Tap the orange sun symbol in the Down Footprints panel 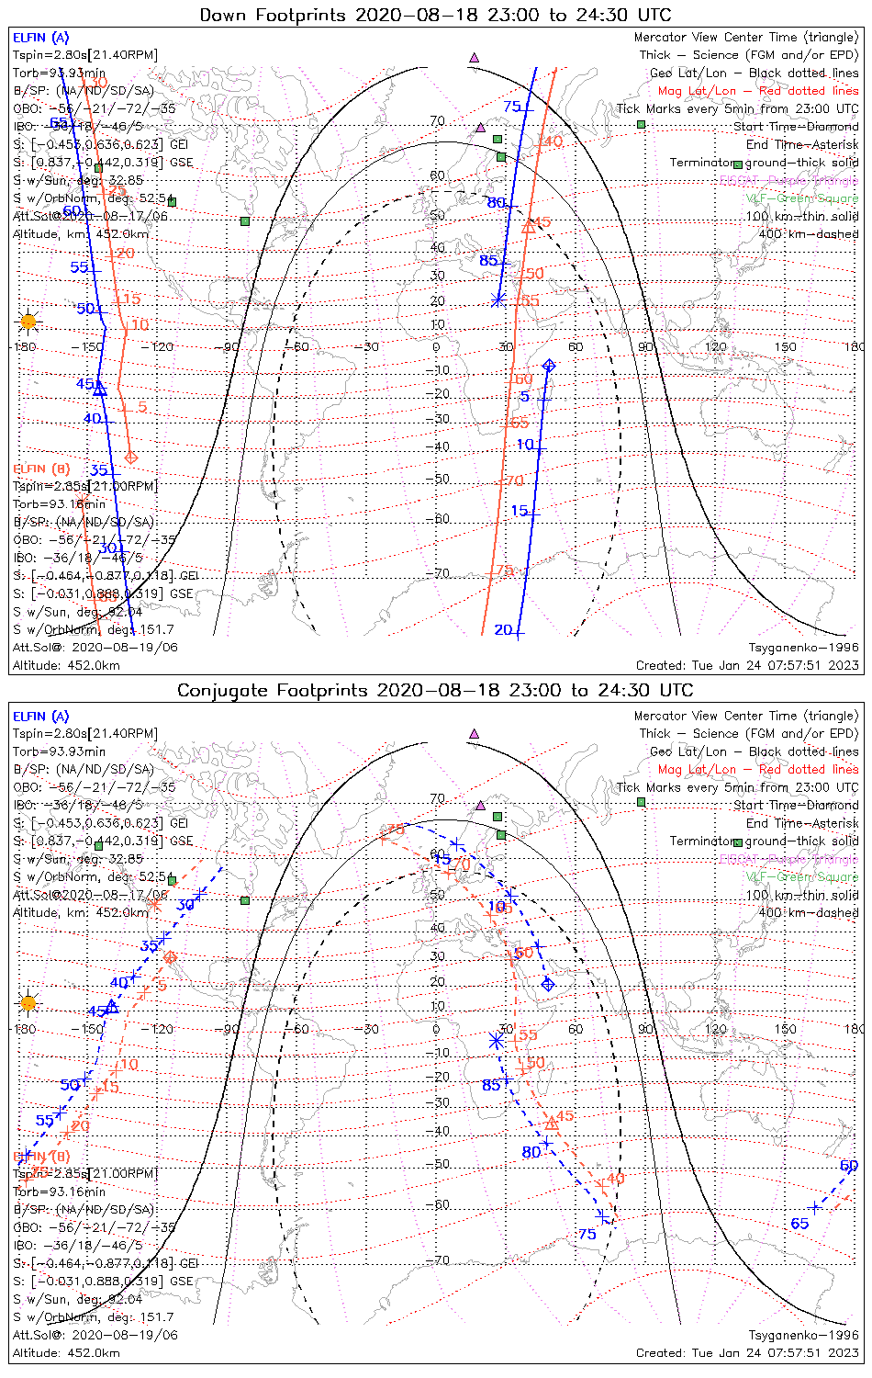(x=28, y=322)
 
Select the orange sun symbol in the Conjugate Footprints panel (x=28, y=1002)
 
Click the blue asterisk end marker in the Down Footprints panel (x=497, y=299)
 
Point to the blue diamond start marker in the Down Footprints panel (x=548, y=366)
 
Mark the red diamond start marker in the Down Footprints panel (x=130, y=457)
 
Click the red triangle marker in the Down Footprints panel (x=528, y=226)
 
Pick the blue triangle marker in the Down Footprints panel (x=100, y=390)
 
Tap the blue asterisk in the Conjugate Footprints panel (x=496, y=1041)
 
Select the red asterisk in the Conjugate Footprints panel (x=153, y=905)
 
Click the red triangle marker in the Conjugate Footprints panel (x=552, y=1123)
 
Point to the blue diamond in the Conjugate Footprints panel (x=548, y=984)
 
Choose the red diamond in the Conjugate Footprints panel (x=170, y=957)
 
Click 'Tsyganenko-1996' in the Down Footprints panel (x=803, y=648)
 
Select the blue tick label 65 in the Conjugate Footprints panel (x=799, y=1223)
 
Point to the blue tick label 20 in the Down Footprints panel (x=503, y=630)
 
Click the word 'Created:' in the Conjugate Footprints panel (x=660, y=1353)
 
